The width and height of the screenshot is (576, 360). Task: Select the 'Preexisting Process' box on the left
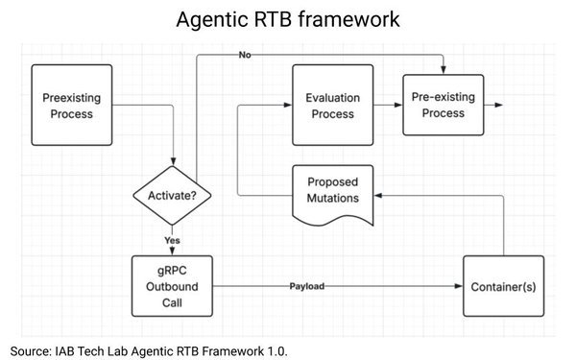tap(68, 106)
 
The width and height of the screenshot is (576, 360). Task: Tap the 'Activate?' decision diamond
tap(173, 196)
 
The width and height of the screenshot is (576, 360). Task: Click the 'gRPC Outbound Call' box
tap(173, 285)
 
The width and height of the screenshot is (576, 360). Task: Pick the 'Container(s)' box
tap(503, 286)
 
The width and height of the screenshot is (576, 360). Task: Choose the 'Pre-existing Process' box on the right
tap(438, 106)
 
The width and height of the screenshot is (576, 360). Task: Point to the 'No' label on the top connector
tap(245, 56)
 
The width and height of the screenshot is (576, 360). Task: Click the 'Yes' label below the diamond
tap(173, 240)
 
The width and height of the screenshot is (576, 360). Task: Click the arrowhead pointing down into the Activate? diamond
tap(173, 162)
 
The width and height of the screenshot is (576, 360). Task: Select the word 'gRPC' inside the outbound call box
tap(173, 268)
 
